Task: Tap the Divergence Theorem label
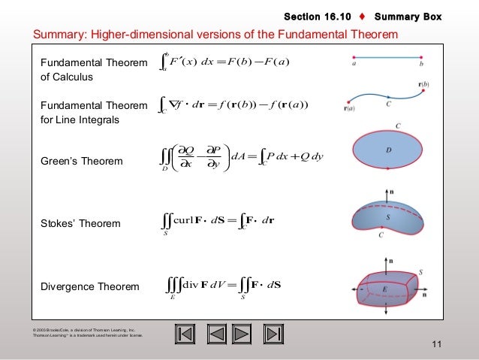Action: click(89, 286)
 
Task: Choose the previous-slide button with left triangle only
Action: click(216, 334)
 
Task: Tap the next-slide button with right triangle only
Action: click(242, 334)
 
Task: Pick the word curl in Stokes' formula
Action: click(185, 223)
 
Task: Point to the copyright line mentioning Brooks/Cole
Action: click(83, 329)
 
